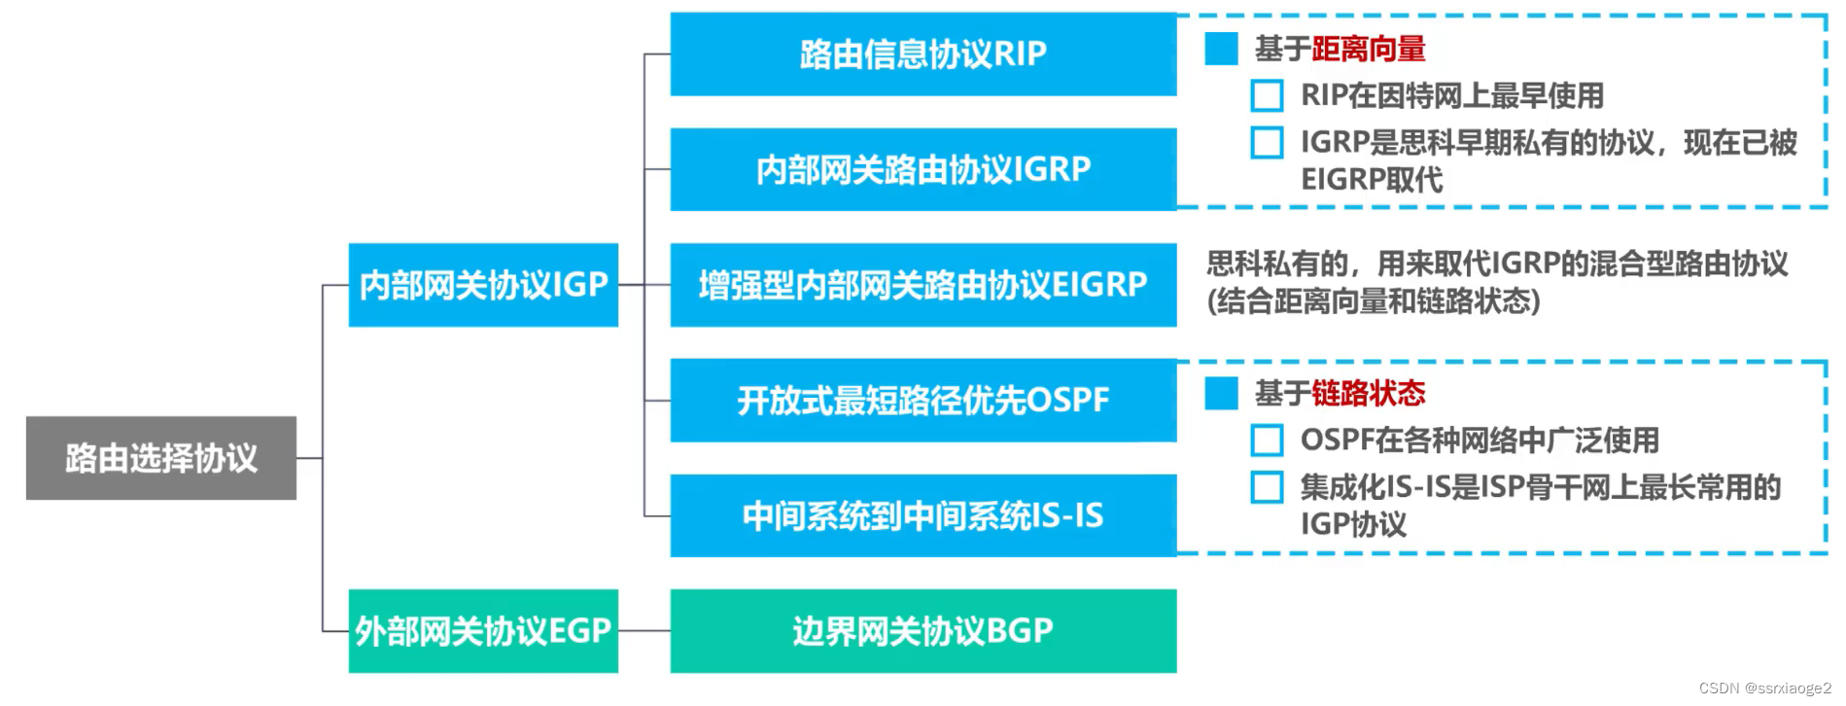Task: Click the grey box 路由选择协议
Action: pyautogui.click(x=160, y=458)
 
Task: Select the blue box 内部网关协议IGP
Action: pyautogui.click(x=483, y=285)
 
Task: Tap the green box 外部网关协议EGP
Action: pyautogui.click(x=483, y=631)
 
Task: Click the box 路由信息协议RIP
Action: pyautogui.click(x=923, y=54)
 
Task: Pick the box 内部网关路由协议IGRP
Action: pyautogui.click(x=923, y=169)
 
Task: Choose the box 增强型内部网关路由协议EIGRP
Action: pyautogui.click(x=923, y=285)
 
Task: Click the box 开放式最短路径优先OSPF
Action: pyautogui.click(x=923, y=400)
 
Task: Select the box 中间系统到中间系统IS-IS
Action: pyautogui.click(x=923, y=515)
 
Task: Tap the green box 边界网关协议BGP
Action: pyautogui.click(x=923, y=631)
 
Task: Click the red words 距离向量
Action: pyautogui.click(x=1368, y=49)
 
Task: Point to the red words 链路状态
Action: pyautogui.click(x=1368, y=393)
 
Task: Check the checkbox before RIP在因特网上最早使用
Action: pyautogui.click(x=1267, y=95)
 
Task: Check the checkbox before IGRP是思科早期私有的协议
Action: pyautogui.click(x=1267, y=142)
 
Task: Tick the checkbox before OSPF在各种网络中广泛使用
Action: pyautogui.click(x=1267, y=440)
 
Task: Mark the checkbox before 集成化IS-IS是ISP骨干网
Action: pyautogui.click(x=1267, y=486)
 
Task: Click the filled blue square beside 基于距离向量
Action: pyautogui.click(x=1221, y=49)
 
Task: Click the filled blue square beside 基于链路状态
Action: pyautogui.click(x=1221, y=393)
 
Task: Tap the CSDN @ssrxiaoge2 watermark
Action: pyautogui.click(x=1764, y=688)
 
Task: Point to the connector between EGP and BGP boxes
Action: pyautogui.click(x=644, y=631)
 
